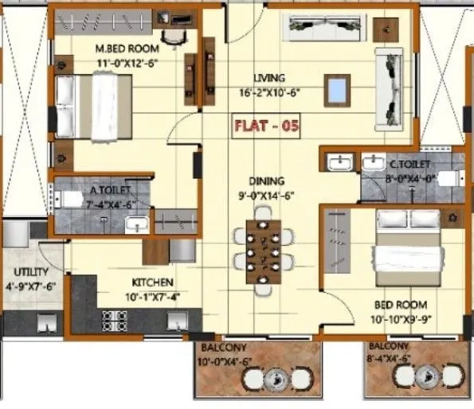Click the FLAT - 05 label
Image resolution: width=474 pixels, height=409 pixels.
point(263,126)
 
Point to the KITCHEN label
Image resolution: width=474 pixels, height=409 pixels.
point(154,282)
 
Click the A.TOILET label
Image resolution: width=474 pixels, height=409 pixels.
point(105,190)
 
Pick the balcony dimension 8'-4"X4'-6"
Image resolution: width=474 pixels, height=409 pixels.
point(389,358)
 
